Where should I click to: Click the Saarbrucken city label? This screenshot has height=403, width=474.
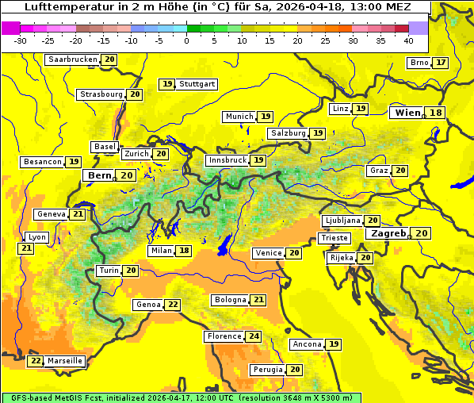point(73,59)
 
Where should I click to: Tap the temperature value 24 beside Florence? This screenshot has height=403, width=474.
point(254,336)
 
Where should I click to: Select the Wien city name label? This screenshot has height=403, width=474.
point(408,113)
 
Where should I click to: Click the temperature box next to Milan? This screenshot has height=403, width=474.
point(185,251)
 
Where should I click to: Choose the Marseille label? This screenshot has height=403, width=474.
point(65,361)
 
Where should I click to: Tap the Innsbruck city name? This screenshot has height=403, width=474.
point(227,160)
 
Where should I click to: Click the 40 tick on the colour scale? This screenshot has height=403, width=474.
point(408,40)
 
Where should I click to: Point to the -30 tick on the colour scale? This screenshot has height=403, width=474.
point(21,40)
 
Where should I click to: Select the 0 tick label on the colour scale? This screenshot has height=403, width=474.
point(187,40)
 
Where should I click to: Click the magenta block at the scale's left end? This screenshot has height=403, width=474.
point(11,27)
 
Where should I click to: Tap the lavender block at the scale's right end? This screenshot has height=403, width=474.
point(419,27)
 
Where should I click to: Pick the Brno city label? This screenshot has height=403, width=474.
point(419,63)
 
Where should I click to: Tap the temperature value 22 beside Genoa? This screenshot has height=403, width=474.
point(173,305)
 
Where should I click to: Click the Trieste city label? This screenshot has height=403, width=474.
point(334,238)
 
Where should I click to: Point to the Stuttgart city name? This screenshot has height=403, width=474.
point(197,84)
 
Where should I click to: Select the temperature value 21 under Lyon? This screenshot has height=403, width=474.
point(26,248)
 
